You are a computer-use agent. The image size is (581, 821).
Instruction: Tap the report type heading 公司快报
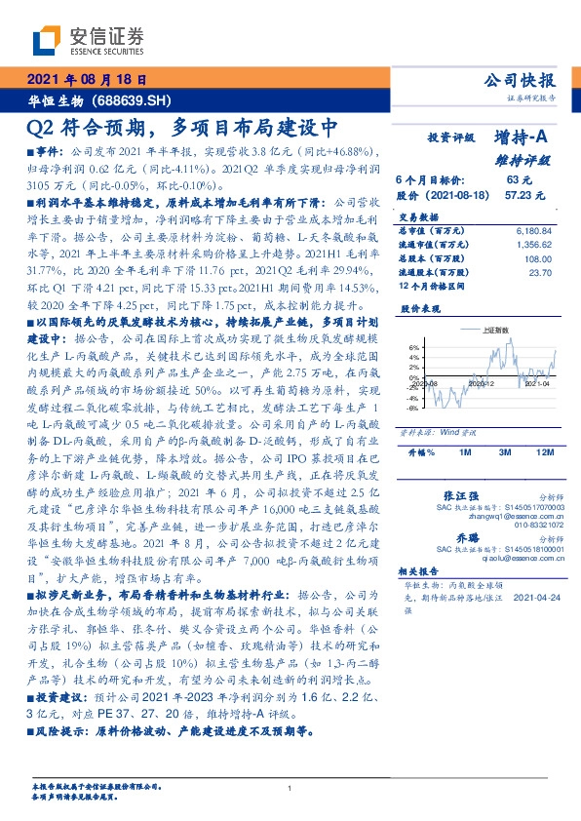(520, 81)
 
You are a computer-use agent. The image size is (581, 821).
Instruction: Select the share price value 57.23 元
(518, 195)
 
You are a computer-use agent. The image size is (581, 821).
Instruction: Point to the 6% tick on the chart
(413, 347)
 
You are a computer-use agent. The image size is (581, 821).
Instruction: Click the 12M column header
(544, 453)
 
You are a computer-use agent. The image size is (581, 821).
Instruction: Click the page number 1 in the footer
(290, 789)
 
